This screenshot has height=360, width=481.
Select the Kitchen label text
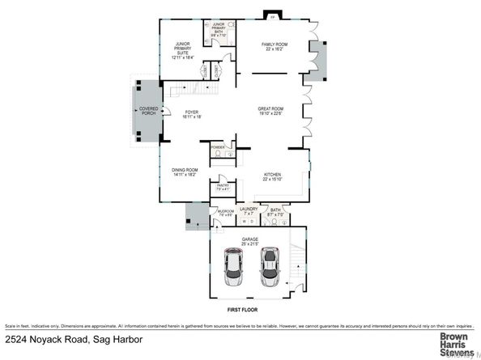pos(273,176)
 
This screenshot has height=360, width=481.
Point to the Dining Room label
pos(185,172)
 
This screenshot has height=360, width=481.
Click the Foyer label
pos(191,115)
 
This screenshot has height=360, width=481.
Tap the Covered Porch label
pos(148,111)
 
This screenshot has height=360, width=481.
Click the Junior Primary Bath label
pos(219,31)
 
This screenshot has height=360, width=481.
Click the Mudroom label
pos(226,212)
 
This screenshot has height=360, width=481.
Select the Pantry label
pos(223,187)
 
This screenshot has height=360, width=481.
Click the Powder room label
pos(218,147)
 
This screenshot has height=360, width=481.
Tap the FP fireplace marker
pos(272,16)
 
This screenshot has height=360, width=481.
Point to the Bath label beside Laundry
pos(275,212)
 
